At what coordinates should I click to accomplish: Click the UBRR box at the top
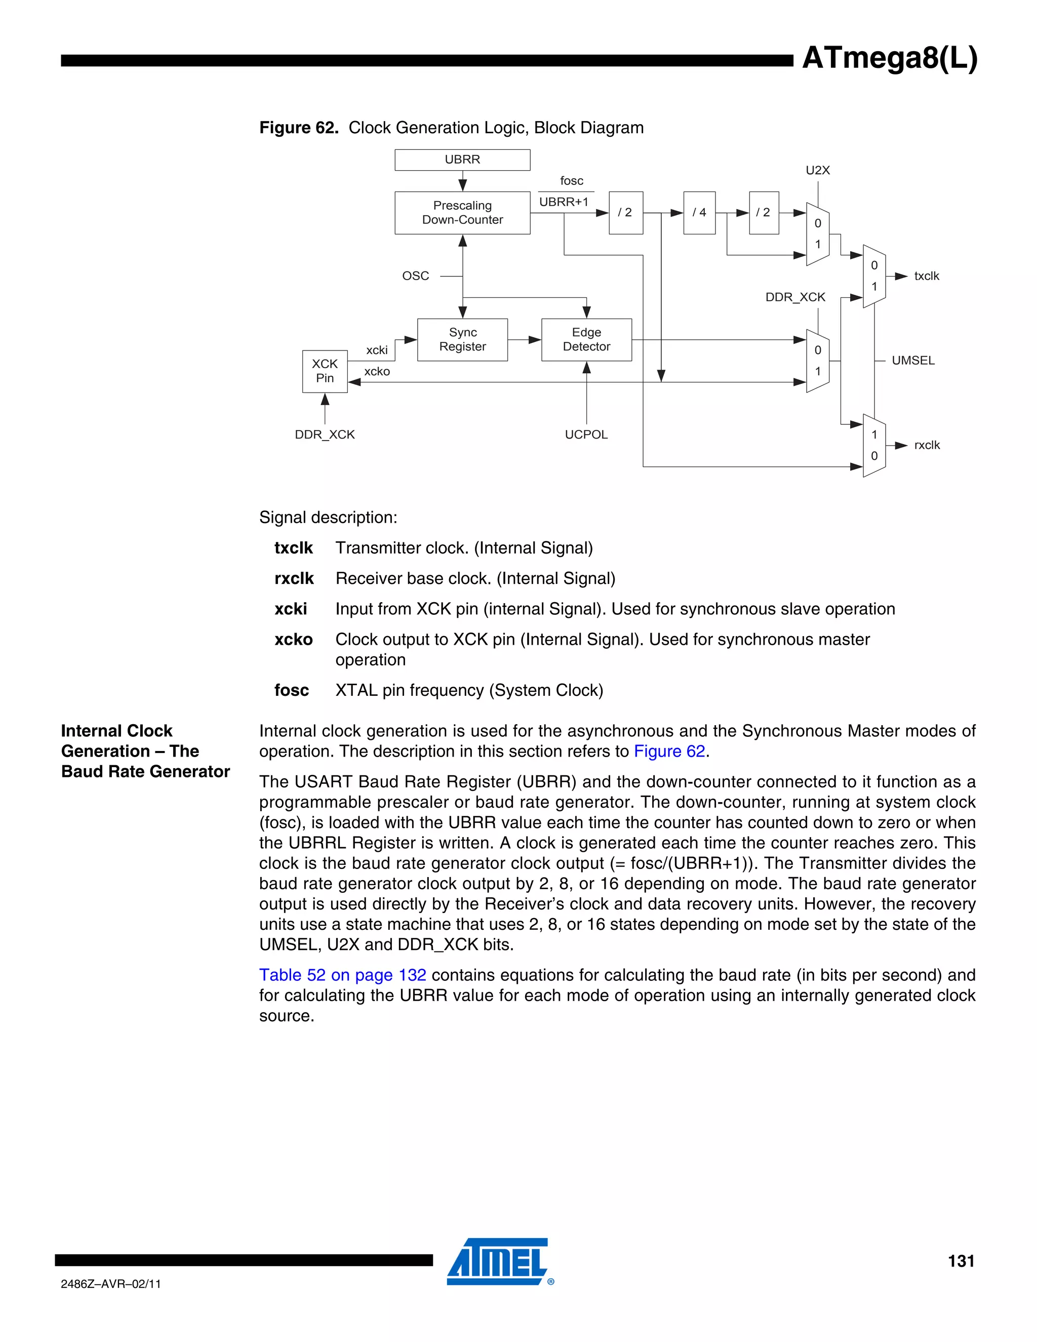point(462,160)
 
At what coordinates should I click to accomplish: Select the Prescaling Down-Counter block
point(462,213)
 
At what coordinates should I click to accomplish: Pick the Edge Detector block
point(586,339)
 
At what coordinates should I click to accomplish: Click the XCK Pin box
point(325,371)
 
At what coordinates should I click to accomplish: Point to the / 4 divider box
point(699,213)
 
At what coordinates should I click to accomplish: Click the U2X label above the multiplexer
point(817,170)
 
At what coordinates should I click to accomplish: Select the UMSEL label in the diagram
point(913,361)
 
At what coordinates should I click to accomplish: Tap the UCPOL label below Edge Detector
point(586,435)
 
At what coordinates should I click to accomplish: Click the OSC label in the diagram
point(415,276)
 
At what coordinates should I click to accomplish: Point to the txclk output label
point(927,276)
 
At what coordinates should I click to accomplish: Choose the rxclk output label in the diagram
point(927,445)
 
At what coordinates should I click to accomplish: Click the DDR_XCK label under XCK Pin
point(325,435)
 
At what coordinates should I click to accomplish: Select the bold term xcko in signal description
point(293,640)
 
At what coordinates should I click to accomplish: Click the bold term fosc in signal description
point(291,690)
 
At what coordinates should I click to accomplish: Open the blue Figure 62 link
point(669,752)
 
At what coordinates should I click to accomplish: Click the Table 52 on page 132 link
point(342,975)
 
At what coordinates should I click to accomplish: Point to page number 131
point(961,1261)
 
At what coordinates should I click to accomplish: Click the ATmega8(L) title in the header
point(889,58)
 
